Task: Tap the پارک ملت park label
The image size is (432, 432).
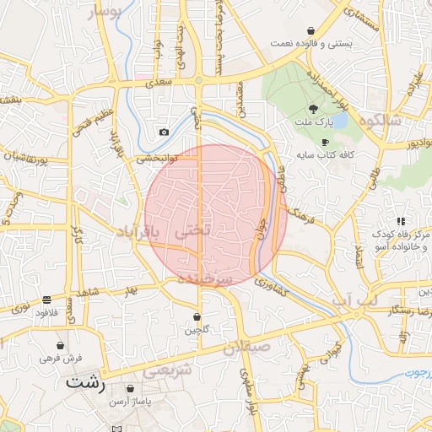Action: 314,122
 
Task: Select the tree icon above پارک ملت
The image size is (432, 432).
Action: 314,108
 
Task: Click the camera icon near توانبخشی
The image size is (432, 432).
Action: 164,132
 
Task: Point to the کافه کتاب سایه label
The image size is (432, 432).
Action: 323,157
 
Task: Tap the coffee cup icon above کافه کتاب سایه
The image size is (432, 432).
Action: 325,143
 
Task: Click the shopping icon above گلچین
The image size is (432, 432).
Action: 197,317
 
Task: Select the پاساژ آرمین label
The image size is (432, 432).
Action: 129,402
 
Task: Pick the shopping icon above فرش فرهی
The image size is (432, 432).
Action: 61,345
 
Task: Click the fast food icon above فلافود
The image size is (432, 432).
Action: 46,300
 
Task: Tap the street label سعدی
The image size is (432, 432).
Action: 158,83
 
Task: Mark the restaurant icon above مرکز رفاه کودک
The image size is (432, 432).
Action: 400,220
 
